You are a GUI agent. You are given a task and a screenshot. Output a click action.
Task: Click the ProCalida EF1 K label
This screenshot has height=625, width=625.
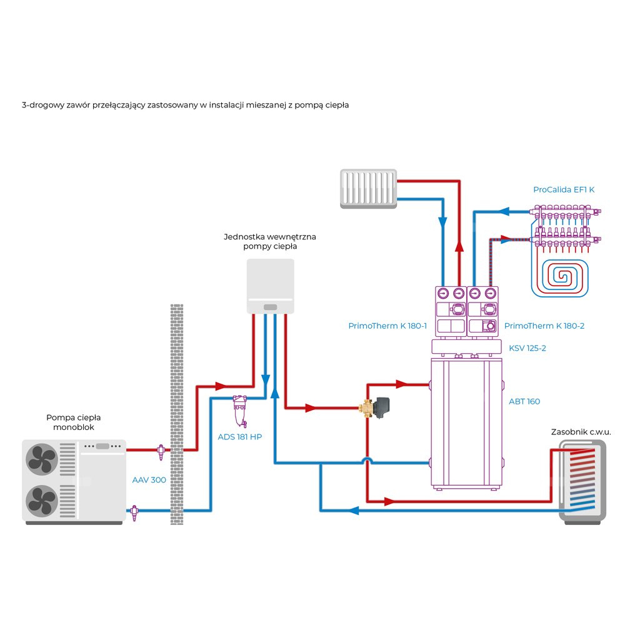tap(564, 189)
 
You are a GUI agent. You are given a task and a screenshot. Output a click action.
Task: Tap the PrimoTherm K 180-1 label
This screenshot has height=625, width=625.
tap(387, 326)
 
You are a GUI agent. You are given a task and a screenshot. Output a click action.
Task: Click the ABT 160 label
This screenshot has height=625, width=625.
tap(524, 401)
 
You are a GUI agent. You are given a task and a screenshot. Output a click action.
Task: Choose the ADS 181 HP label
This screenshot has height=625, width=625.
tap(239, 436)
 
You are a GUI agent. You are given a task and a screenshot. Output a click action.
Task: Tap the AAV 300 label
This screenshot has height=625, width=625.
tap(149, 480)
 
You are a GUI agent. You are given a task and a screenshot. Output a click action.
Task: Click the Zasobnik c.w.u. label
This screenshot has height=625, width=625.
tap(581, 432)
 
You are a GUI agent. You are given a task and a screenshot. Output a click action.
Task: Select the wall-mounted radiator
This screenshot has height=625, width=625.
tap(368, 187)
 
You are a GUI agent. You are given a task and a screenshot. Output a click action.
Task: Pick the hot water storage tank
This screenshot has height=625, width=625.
tap(582, 481)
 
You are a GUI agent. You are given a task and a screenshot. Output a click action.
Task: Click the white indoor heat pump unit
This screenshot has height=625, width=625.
tap(271, 286)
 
